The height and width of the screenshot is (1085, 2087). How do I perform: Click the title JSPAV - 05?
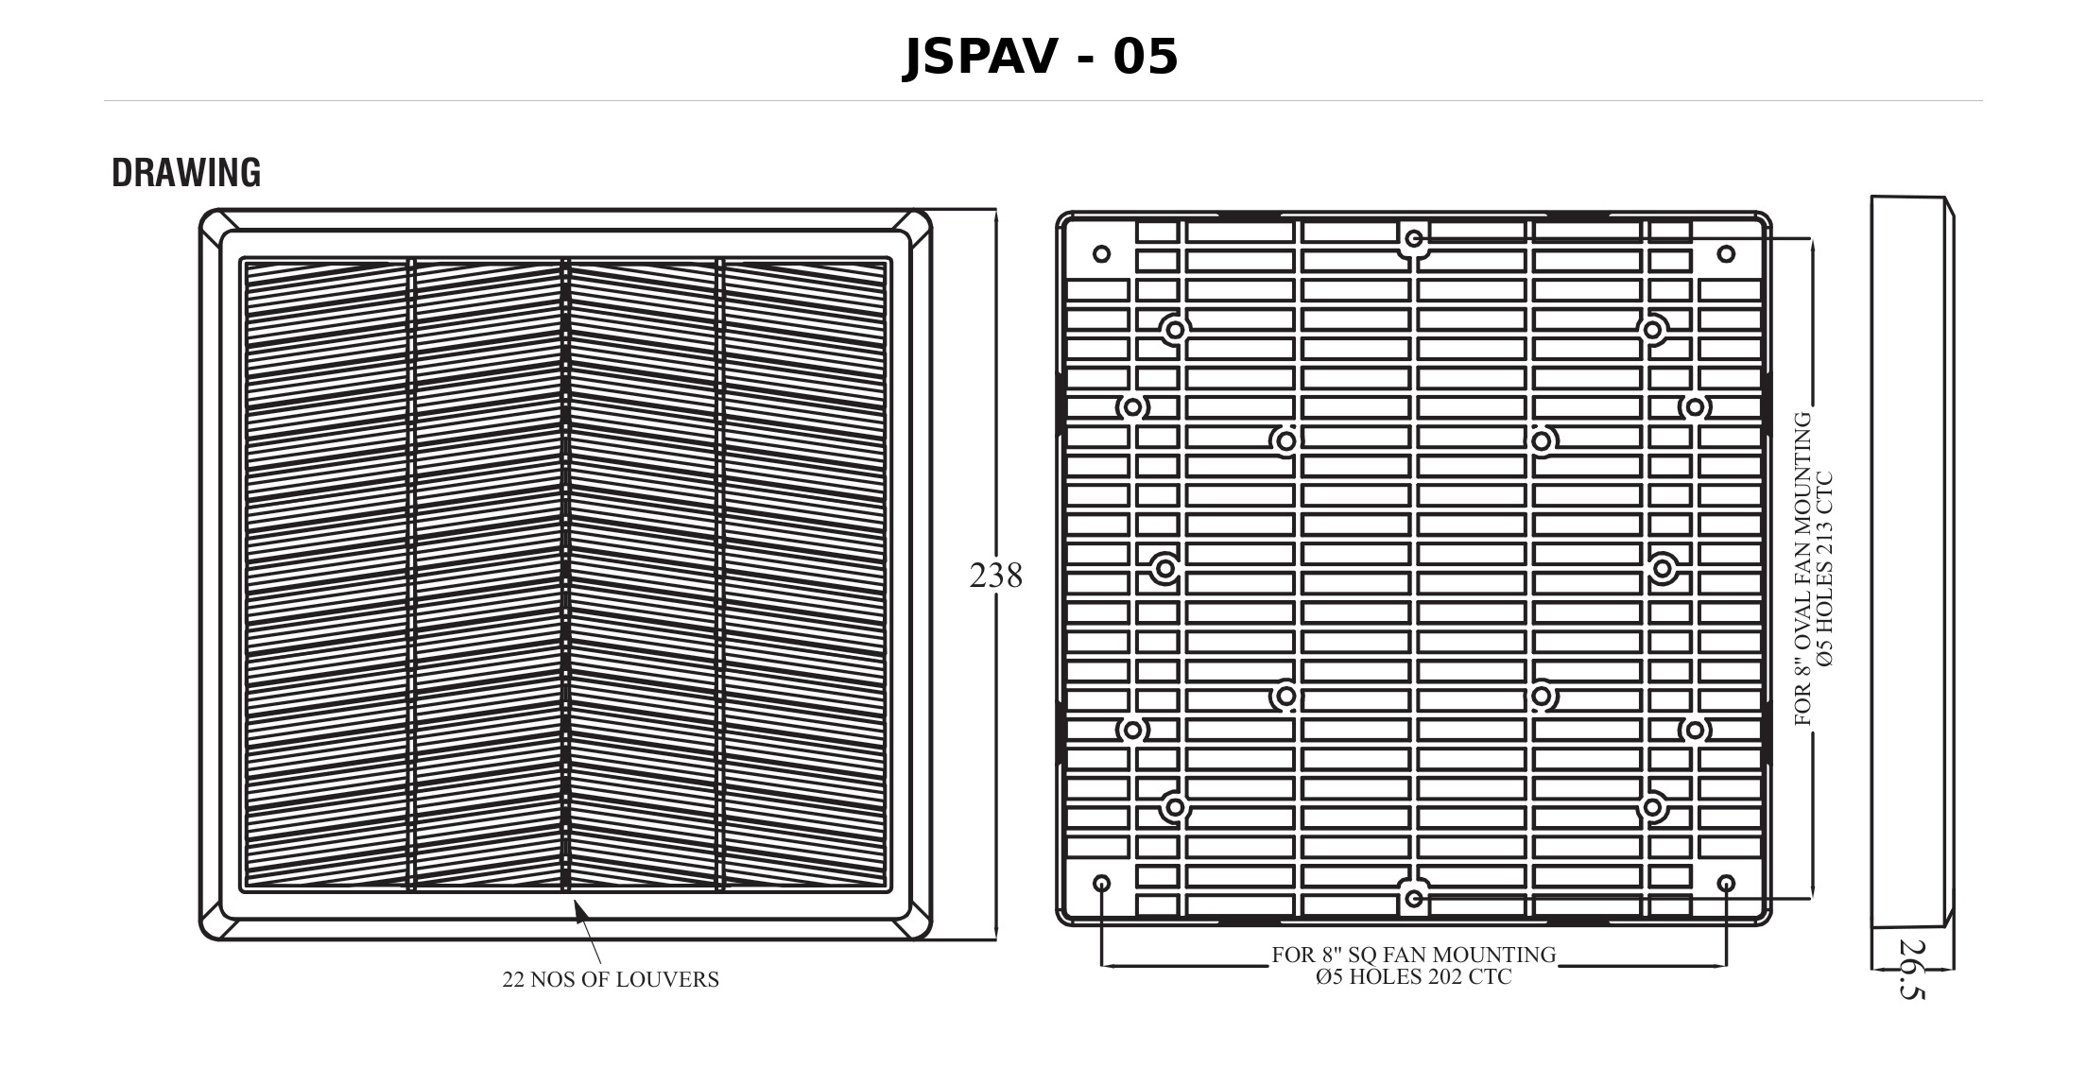pyautogui.click(x=1041, y=57)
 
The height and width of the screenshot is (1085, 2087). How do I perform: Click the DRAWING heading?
pyautogui.click(x=186, y=173)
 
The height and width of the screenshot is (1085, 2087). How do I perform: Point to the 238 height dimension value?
pyautogui.click(x=996, y=576)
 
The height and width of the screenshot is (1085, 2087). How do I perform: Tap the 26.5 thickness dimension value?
pyautogui.click(x=1911, y=970)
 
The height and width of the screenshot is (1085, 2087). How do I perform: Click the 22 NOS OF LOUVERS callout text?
pyautogui.click(x=611, y=980)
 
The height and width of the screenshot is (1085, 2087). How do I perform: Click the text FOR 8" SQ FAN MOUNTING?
pyautogui.click(x=1414, y=955)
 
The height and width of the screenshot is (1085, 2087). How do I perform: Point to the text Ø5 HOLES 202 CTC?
pyautogui.click(x=1414, y=977)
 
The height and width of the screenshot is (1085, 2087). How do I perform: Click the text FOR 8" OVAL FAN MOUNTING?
pyautogui.click(x=1803, y=569)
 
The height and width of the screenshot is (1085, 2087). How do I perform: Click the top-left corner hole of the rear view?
pyautogui.click(x=1101, y=253)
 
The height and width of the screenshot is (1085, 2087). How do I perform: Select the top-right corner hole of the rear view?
pyautogui.click(x=1726, y=253)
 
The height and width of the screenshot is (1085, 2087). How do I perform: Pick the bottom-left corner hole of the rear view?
pyautogui.click(x=1101, y=883)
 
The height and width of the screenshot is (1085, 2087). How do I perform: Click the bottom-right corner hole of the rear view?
pyautogui.click(x=1726, y=883)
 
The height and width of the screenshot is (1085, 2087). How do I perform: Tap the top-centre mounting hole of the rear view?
pyautogui.click(x=1414, y=239)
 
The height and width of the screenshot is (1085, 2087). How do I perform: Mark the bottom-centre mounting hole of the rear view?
pyautogui.click(x=1414, y=898)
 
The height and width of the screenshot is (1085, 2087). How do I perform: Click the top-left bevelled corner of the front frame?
pyautogui.click(x=218, y=228)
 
